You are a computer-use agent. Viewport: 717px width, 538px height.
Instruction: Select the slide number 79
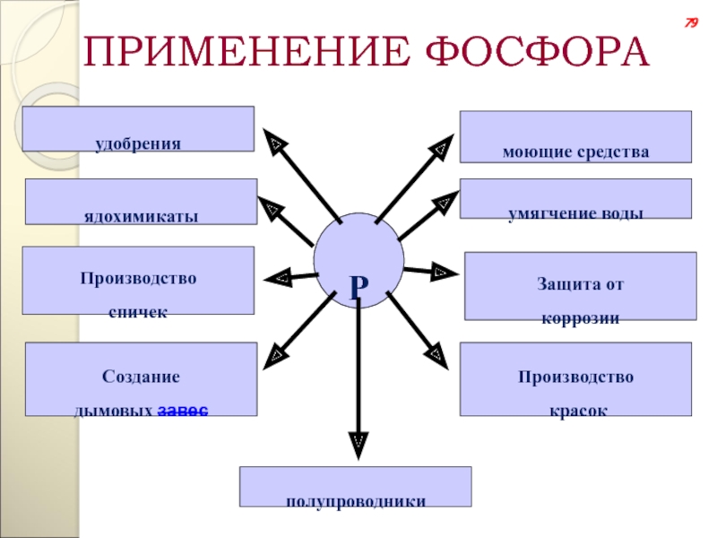pos(691,23)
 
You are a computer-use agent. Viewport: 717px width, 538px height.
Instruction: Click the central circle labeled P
pos(358,257)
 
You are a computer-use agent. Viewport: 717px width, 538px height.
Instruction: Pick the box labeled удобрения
pos(138,129)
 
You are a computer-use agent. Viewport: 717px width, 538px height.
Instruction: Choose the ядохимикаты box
pos(141,202)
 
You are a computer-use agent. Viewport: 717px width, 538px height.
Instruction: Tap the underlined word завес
pos(184,410)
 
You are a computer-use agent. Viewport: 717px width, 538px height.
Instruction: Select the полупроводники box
pos(355,487)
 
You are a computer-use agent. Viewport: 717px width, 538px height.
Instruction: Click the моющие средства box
pos(575,137)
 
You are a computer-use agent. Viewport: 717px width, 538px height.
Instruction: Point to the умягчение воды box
pos(575,199)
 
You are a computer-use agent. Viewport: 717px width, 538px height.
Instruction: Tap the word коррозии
pos(580,318)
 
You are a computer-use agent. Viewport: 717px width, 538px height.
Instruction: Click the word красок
pos(574,409)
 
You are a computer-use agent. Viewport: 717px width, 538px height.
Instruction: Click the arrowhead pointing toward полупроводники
pos(358,440)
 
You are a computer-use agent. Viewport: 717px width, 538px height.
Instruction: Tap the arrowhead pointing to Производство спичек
pos(278,278)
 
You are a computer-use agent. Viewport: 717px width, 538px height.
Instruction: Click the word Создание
pos(141,377)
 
